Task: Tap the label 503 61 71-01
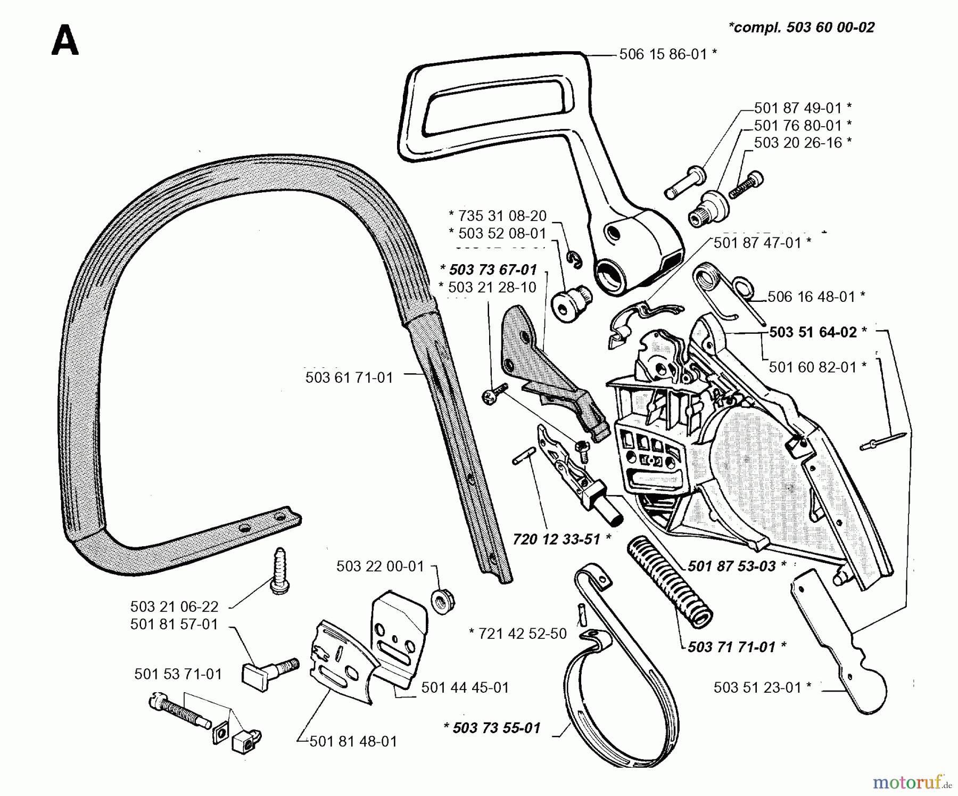[x=349, y=378]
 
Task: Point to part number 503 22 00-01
[x=380, y=566]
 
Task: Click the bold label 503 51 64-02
[x=813, y=332]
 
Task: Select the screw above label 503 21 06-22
[x=280, y=571]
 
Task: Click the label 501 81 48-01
[x=353, y=742]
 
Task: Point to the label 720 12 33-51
[x=557, y=539]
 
